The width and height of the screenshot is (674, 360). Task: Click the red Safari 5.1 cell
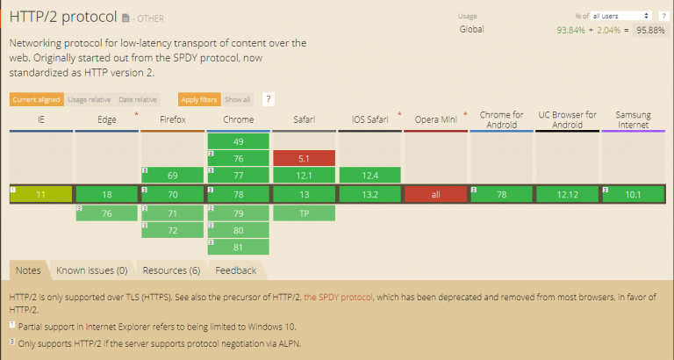pyautogui.click(x=304, y=158)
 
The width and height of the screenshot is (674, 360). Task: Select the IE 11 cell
pyautogui.click(x=40, y=194)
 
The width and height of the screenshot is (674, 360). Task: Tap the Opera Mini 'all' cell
pyautogui.click(x=435, y=194)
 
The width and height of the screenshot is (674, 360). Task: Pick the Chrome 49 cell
pyautogui.click(x=239, y=140)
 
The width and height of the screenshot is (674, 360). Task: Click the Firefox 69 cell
pyautogui.click(x=172, y=176)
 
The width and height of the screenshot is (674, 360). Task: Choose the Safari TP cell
pyautogui.click(x=304, y=212)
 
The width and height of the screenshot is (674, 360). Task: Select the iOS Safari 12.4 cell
pyautogui.click(x=369, y=176)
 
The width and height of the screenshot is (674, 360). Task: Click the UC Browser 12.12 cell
pyautogui.click(x=567, y=194)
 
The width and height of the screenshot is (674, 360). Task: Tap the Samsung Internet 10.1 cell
pyautogui.click(x=633, y=194)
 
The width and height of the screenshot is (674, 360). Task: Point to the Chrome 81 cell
pyautogui.click(x=239, y=248)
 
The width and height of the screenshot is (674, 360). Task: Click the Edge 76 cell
pyautogui.click(x=106, y=212)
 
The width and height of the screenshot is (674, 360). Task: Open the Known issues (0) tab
pyautogui.click(x=91, y=270)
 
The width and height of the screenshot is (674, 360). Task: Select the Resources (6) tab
pyautogui.click(x=171, y=270)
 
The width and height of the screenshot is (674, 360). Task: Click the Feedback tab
pyautogui.click(x=235, y=270)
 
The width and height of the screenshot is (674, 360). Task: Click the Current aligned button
pyautogui.click(x=36, y=99)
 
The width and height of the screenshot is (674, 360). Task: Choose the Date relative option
pyautogui.click(x=139, y=99)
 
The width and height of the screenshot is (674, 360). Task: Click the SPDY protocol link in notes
pyautogui.click(x=339, y=297)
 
